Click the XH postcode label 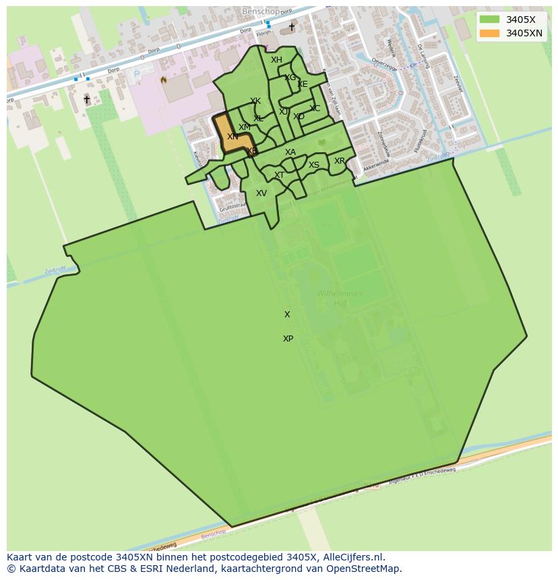tap(276, 60)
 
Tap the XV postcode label tap(261, 193)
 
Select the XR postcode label tap(340, 161)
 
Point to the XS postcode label tap(314, 165)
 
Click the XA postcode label tap(290, 152)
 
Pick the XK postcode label tap(255, 102)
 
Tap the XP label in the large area tap(288, 339)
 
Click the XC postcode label tap(315, 108)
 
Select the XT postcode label tap(279, 175)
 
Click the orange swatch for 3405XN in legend tap(490, 33)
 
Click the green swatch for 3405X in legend tap(490, 20)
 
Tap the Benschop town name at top tap(261, 12)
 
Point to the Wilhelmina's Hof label tap(340, 298)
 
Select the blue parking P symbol tap(137, 73)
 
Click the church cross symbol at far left tap(86, 99)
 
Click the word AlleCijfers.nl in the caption tap(361, 557)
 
